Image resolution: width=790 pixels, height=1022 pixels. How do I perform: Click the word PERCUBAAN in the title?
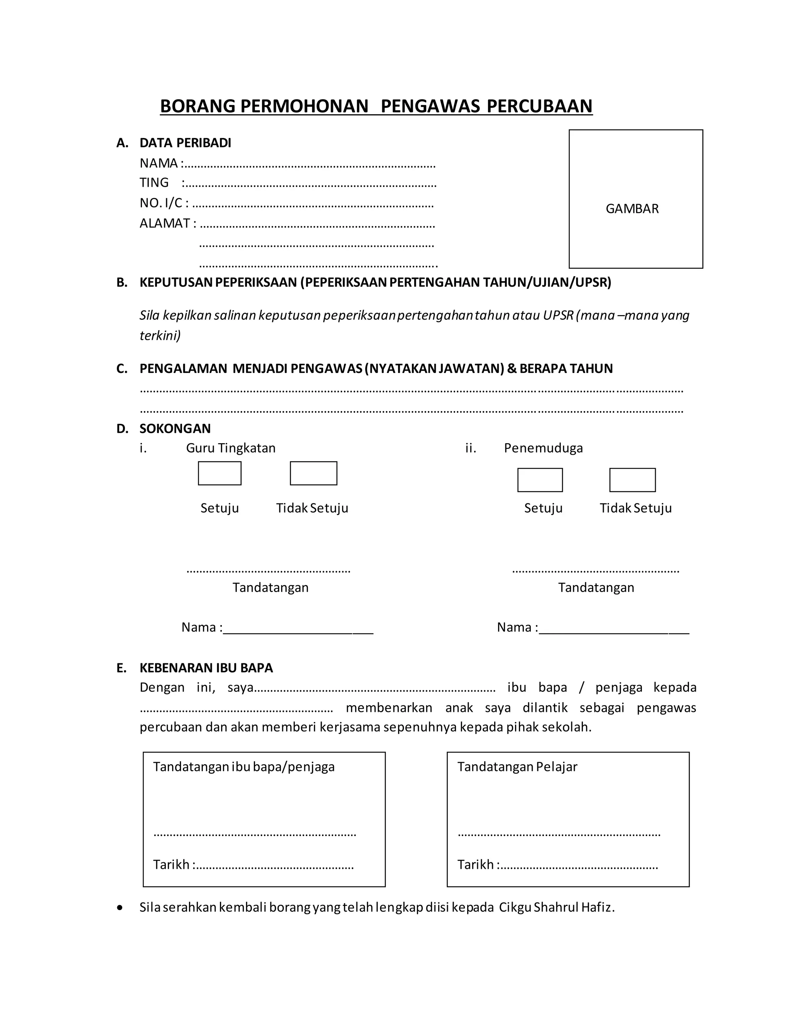point(539,106)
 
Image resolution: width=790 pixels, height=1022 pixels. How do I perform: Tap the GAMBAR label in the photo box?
point(632,209)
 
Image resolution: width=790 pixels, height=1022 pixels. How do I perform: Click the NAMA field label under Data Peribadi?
point(159,163)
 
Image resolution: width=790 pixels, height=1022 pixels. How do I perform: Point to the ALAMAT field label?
point(165,223)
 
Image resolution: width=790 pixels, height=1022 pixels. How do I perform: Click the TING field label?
point(154,182)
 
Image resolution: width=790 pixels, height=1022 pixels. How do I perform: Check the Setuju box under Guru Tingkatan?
point(219,474)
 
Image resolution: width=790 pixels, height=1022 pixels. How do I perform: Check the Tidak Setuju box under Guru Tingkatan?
point(313,474)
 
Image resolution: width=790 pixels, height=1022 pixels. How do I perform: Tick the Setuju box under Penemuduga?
point(540,480)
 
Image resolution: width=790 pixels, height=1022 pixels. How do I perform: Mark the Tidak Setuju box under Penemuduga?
point(632,480)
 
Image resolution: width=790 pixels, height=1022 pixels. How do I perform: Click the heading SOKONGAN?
point(175,428)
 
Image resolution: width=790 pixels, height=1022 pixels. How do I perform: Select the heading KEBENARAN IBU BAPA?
point(206,668)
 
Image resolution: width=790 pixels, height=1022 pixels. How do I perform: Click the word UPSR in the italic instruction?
point(558,315)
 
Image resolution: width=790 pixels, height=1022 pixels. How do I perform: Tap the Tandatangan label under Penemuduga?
point(596,588)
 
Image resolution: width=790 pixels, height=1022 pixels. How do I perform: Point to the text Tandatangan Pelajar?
point(517,767)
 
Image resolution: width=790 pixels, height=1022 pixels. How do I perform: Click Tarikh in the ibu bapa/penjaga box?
point(171,865)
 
